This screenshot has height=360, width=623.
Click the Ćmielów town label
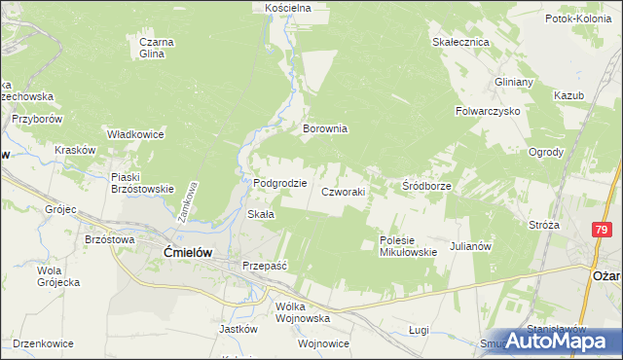180,252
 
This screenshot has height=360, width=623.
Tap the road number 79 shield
601,229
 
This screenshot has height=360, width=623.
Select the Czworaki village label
344,192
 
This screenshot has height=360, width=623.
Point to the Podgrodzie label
280,183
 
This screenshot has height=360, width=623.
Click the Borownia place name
325,128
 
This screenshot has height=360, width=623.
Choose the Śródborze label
426,185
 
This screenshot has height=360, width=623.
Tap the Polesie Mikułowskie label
408,246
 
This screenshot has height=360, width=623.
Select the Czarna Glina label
157,48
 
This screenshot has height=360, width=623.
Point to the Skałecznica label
460,43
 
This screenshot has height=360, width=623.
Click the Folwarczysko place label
488,111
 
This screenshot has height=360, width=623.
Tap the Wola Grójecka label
57,275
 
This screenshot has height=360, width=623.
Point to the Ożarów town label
606,275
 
